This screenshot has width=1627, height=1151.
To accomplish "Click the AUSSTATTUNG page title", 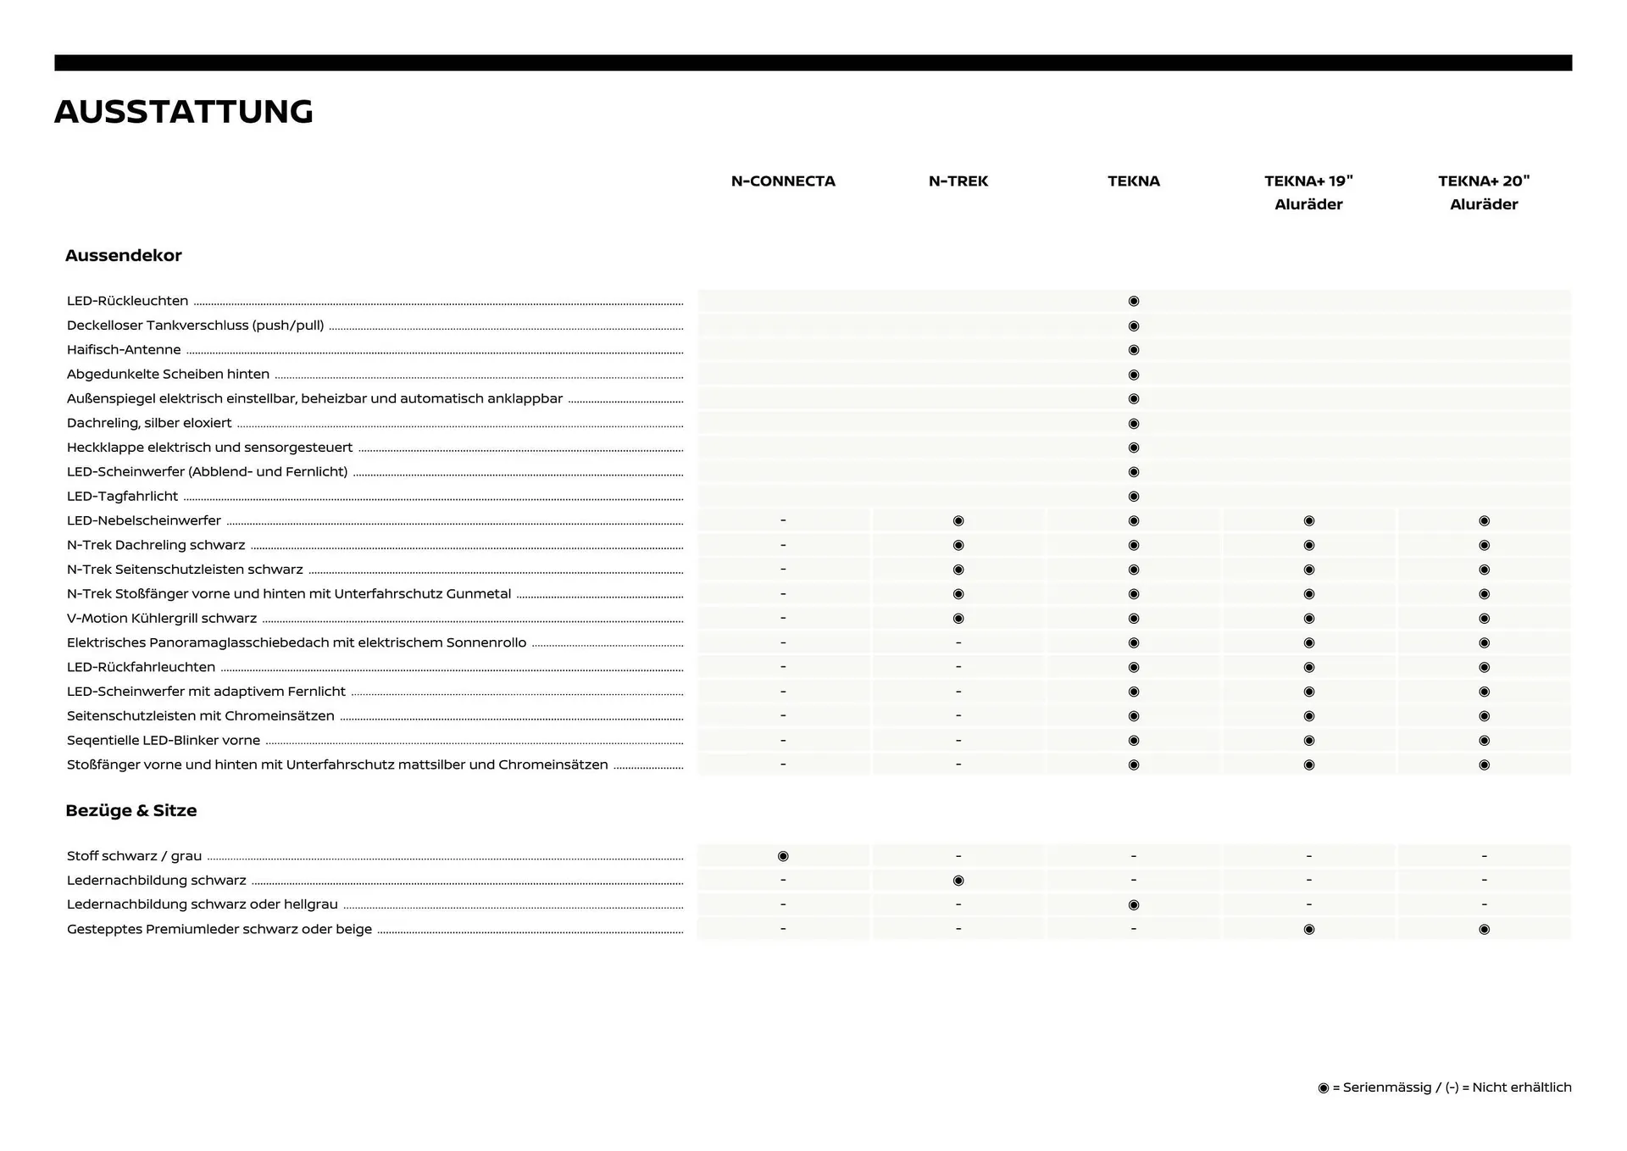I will click(184, 112).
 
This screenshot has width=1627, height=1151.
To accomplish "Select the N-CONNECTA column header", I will click(783, 181).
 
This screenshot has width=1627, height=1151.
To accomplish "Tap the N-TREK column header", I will click(958, 181).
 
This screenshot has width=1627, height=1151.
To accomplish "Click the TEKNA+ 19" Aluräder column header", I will click(1308, 192).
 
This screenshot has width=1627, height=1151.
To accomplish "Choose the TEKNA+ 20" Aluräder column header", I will click(1484, 192).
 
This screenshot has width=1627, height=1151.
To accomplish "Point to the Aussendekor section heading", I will click(124, 256).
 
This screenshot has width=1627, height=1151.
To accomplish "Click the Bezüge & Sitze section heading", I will click(131, 811).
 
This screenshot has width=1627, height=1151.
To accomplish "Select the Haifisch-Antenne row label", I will click(124, 350).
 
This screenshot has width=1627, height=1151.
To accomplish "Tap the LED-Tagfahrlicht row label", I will click(123, 497).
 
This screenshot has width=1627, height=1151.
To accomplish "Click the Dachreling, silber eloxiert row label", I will click(149, 423).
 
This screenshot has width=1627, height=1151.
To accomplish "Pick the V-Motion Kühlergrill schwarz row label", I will click(162, 619).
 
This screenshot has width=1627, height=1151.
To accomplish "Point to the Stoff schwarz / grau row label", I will click(134, 856).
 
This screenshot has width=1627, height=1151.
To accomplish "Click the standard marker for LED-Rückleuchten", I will click(1134, 301).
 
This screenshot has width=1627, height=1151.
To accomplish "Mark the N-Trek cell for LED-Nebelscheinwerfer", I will click(958, 520).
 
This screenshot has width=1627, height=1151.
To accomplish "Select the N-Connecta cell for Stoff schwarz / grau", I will click(783, 856).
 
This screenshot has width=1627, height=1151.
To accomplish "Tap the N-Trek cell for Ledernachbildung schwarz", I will click(958, 881).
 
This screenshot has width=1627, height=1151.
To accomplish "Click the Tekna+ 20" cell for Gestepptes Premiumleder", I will click(1484, 930).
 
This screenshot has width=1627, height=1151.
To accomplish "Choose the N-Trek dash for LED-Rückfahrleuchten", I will click(958, 667).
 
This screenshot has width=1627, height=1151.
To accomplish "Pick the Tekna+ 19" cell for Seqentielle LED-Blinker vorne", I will click(1308, 741).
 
